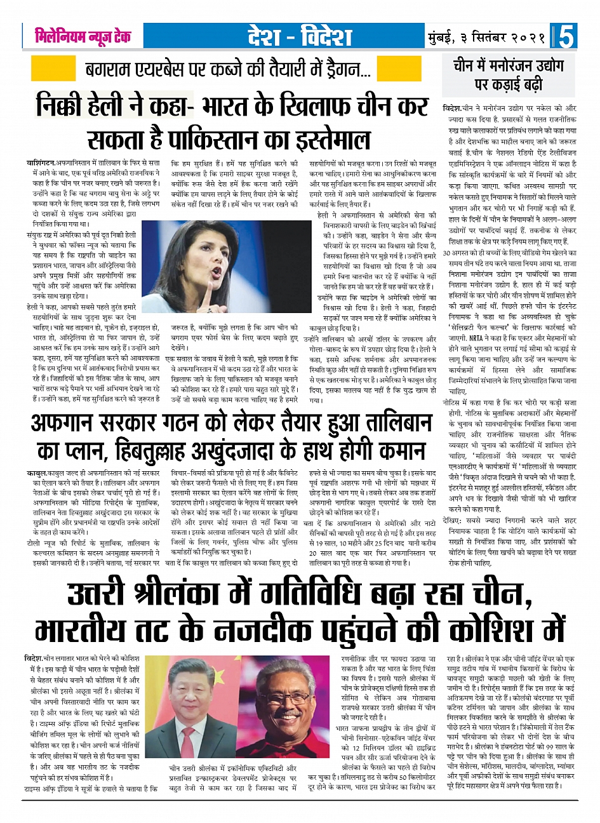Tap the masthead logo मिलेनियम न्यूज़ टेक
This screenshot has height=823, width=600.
point(83,36)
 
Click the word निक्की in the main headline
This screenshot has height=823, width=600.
point(66,105)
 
